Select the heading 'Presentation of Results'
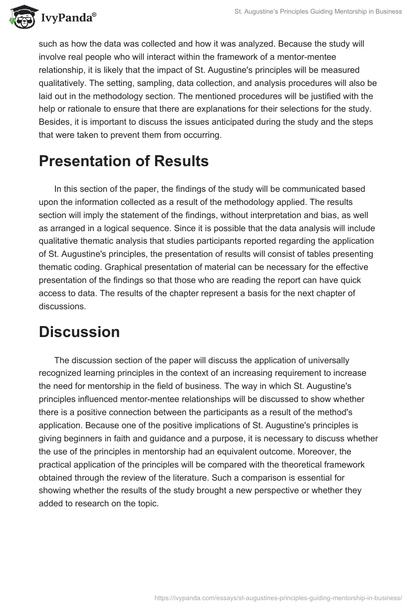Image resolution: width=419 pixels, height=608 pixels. click(124, 162)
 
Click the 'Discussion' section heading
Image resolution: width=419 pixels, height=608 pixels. click(79, 332)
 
